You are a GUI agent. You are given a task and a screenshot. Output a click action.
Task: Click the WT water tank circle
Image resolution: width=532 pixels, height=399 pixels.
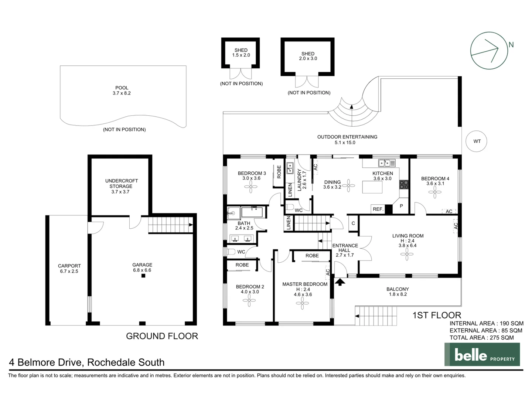click(477, 141)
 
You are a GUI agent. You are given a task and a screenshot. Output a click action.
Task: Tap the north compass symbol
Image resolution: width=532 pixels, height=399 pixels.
click(489, 51)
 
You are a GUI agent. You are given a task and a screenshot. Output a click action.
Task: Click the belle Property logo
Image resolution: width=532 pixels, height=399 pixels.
click(482, 355)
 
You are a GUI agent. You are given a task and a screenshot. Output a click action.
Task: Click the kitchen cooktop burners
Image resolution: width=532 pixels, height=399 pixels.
click(404, 185)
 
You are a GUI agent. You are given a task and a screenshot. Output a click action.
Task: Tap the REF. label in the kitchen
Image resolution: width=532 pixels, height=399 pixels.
click(378, 209)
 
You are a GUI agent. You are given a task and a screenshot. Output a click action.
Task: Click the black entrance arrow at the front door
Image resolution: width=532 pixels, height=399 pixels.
click(340, 282)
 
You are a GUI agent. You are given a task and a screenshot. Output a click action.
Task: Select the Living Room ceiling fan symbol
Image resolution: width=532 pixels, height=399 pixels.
click(407, 254)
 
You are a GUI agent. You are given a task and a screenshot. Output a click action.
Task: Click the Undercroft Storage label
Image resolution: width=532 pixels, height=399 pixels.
click(121, 184)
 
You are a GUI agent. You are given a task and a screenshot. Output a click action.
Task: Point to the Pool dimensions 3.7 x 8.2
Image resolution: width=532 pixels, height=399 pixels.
click(122, 93)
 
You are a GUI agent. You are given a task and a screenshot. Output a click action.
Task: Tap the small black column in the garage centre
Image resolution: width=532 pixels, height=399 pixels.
click(143, 276)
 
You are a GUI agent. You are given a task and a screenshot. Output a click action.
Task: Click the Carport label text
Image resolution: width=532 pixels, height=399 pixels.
click(69, 266)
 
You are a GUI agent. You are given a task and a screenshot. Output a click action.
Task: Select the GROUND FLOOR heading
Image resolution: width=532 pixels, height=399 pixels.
click(162, 336)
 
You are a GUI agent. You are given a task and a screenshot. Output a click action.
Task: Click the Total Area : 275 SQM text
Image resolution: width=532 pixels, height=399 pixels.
click(481, 338)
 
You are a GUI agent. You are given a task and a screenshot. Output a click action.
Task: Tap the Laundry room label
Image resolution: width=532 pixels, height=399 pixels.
click(300, 179)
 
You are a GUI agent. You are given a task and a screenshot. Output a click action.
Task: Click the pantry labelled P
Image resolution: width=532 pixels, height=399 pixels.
click(401, 206)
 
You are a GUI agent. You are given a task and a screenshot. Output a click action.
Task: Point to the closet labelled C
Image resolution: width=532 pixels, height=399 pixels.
click(353, 223)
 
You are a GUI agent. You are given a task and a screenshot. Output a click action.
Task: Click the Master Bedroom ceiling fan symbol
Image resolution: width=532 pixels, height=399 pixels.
click(302, 303)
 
